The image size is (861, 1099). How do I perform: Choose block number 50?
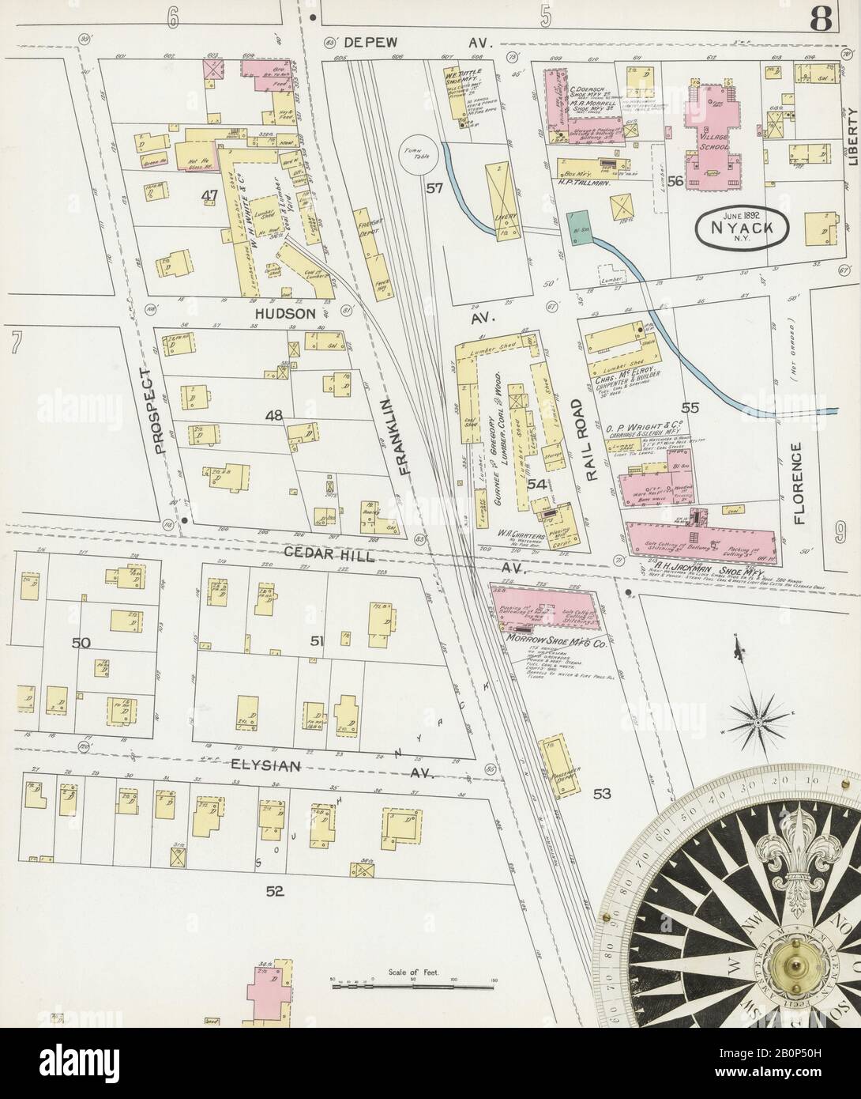coord(81,643)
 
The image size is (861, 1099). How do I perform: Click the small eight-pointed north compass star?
coord(756,720)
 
